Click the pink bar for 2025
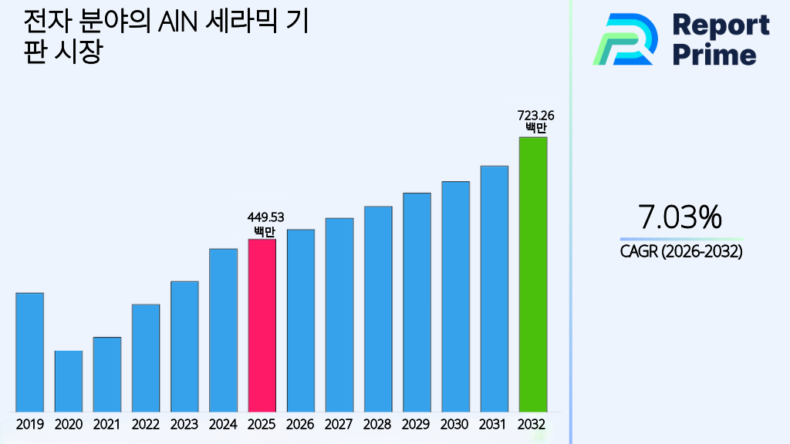coord(262,325)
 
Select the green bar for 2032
coord(532,274)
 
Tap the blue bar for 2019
coord(29,352)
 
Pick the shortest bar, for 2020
coord(68,382)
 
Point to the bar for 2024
coord(223,330)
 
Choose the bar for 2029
coord(417,302)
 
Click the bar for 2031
coord(494,288)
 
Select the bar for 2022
coord(146,358)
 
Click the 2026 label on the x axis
coord(300,424)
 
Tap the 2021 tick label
coord(106,424)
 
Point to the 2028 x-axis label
coord(378,424)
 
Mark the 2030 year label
coord(455,424)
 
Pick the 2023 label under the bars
coord(184,424)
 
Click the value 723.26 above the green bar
coord(535,116)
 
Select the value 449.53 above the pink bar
coord(265,217)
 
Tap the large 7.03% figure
coord(680,217)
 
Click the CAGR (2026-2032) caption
coord(681,251)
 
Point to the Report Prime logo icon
coord(625,39)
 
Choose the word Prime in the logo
coord(714,55)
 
